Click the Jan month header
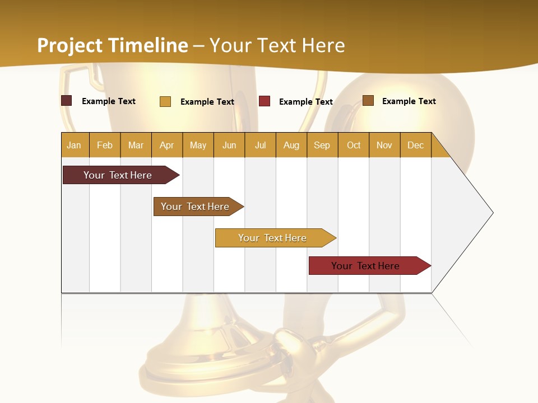pos(74,145)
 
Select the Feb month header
pos(105,145)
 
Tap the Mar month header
pos(136,145)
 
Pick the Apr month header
pos(167,145)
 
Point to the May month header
pos(198,145)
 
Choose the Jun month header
pos(229,145)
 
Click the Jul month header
pos(260,145)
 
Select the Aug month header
pos(291,145)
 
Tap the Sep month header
pos(322,145)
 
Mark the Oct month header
pos(354,145)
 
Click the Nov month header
pos(384,145)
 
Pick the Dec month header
pos(416,145)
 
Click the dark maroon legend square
pos(67,101)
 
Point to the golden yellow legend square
pos(165,101)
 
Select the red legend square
pos(265,101)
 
